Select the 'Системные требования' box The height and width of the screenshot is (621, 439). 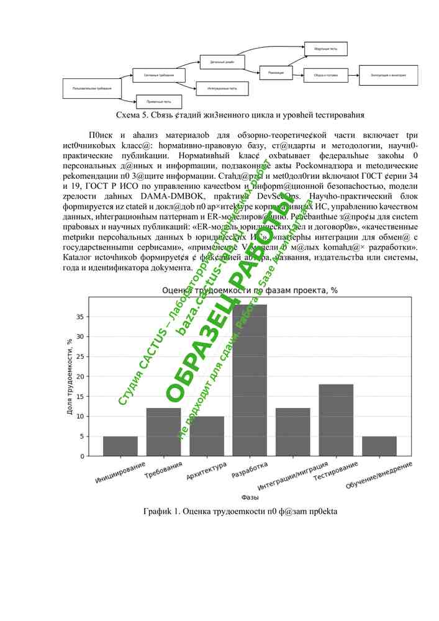(159, 75)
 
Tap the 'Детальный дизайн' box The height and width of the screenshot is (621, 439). (222, 61)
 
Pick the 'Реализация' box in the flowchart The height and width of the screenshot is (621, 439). (276, 73)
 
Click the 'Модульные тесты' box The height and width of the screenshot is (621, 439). (325, 48)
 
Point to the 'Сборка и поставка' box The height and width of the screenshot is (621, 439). (325, 75)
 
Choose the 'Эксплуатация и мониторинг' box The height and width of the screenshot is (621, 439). (389, 75)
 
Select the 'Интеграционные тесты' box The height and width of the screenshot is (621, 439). (222, 88)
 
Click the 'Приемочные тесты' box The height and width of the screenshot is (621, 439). (159, 101)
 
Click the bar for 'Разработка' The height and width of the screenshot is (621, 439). (250, 380)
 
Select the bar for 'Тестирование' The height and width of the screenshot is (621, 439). (336, 420)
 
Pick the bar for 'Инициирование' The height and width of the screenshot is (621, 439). (120, 446)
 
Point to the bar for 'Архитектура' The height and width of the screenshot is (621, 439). (207, 436)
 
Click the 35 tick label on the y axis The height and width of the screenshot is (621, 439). (79, 316)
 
